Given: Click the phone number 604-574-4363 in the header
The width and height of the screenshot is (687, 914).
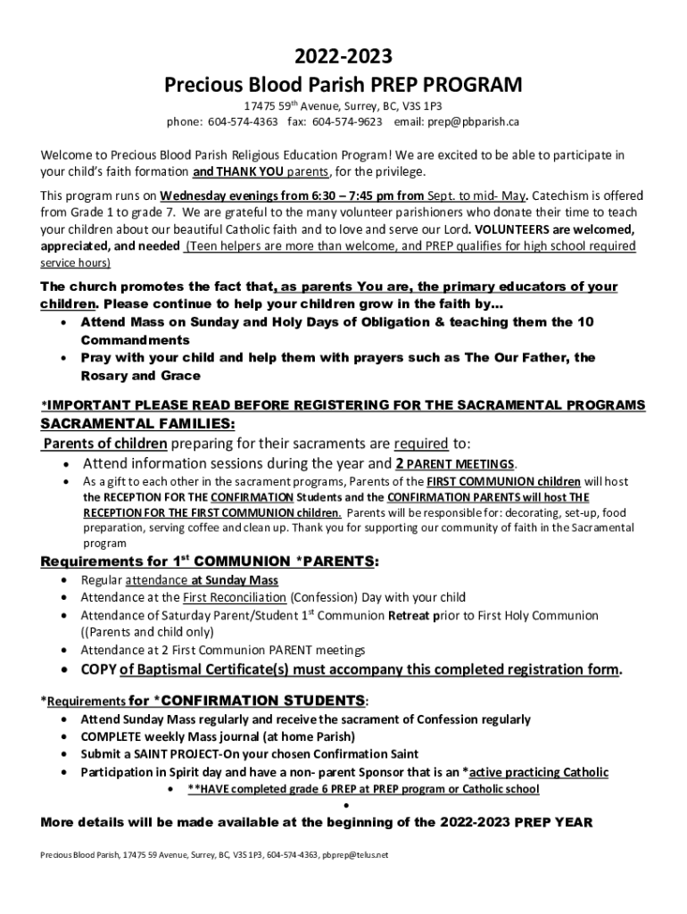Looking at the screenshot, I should click(244, 121).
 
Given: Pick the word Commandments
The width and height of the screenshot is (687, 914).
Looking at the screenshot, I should click(135, 340).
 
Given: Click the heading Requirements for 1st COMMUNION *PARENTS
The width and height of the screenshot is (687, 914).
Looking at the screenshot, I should click(209, 561).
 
